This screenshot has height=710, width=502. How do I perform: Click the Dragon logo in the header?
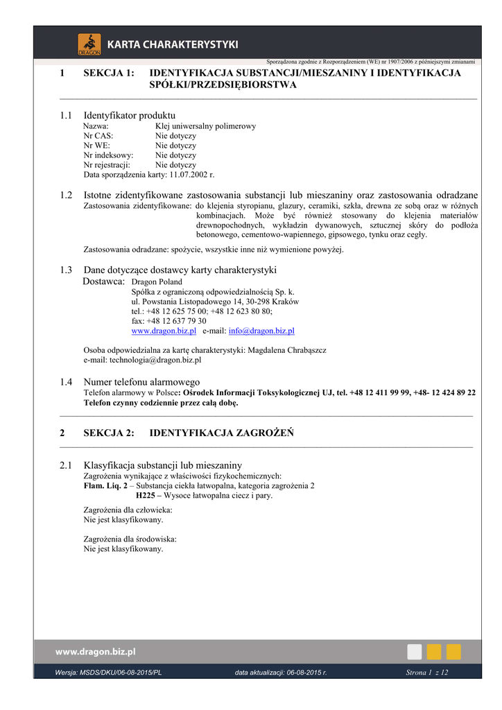[x=89, y=44]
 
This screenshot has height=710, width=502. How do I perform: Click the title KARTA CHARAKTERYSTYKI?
[x=172, y=45]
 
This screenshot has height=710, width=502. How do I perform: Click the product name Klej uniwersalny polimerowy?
[x=205, y=126]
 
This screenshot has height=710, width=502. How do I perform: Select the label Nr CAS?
[x=98, y=136]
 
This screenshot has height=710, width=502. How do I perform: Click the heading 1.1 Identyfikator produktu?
[x=129, y=114]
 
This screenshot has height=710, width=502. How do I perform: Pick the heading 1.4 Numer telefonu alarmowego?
[x=141, y=381]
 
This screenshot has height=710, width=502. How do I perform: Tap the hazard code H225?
[x=145, y=496]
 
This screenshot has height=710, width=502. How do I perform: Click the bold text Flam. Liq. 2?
[x=105, y=486]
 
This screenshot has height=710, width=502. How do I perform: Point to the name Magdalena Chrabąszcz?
[x=287, y=351]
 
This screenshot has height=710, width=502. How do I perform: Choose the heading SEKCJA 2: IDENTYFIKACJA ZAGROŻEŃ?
[x=222, y=433]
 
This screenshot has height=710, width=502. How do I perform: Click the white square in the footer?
[x=414, y=652]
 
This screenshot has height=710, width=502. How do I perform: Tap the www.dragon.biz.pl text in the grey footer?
[x=96, y=652]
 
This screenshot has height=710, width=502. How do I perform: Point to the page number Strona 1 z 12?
[x=426, y=673]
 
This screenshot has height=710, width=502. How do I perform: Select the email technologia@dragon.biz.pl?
[x=142, y=361]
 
